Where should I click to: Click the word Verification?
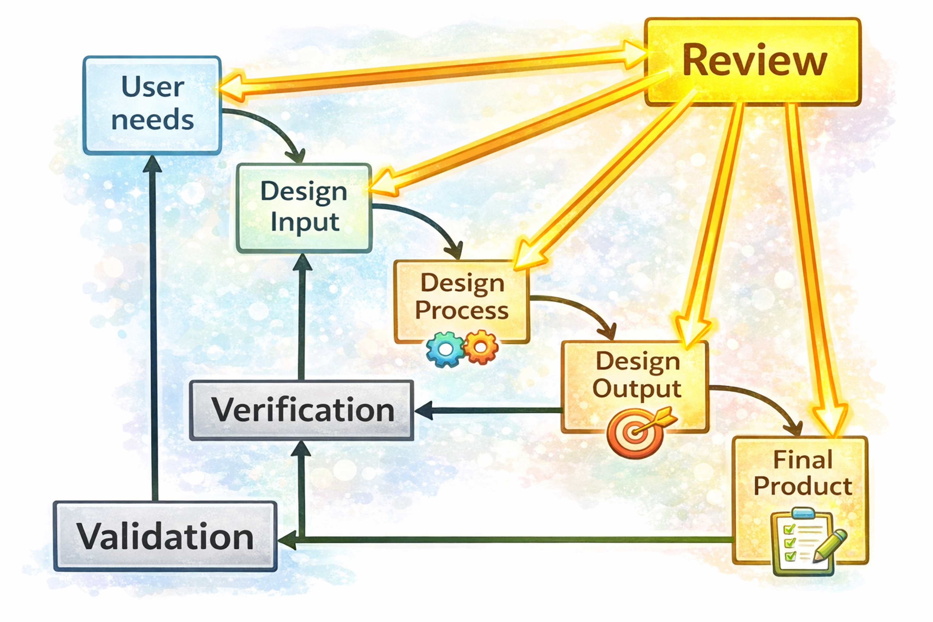point(303,410)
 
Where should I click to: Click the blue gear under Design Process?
point(445,349)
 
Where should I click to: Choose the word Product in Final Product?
point(803,486)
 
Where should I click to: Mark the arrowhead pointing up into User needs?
point(152,164)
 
